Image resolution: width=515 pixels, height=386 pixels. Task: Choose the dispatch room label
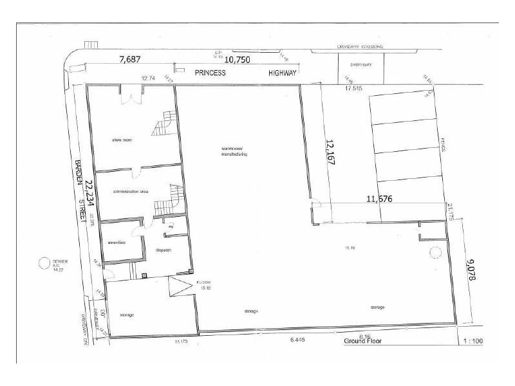(x=164, y=252)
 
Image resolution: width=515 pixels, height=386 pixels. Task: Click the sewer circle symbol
(x=44, y=262)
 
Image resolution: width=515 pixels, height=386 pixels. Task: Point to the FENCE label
(x=445, y=143)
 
